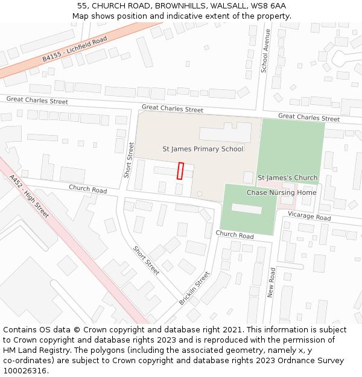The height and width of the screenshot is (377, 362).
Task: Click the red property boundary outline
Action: click(180, 171)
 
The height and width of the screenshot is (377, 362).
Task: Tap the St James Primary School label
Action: click(203, 149)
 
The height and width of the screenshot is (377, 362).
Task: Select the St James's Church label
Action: click(287, 178)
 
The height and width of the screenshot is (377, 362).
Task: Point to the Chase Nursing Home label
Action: click(281, 192)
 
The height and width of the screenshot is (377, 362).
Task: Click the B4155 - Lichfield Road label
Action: click(74, 49)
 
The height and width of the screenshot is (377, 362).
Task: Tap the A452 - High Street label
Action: click(30, 197)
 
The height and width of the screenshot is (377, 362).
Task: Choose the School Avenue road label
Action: click(265, 51)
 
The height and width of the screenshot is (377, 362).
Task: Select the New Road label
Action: click(272, 283)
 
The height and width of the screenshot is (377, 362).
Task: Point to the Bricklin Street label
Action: click(194, 288)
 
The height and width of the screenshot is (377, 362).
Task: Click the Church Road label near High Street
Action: click(87, 189)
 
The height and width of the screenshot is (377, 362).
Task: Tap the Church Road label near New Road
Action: click(235, 235)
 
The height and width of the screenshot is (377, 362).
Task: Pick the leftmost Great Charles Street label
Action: click(37, 101)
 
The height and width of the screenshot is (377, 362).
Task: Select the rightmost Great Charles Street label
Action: click(309, 117)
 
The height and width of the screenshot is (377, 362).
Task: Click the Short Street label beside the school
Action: click(129, 160)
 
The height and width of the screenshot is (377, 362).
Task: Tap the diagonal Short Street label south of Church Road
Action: click(146, 261)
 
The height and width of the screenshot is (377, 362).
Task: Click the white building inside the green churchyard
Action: click(247, 208)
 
